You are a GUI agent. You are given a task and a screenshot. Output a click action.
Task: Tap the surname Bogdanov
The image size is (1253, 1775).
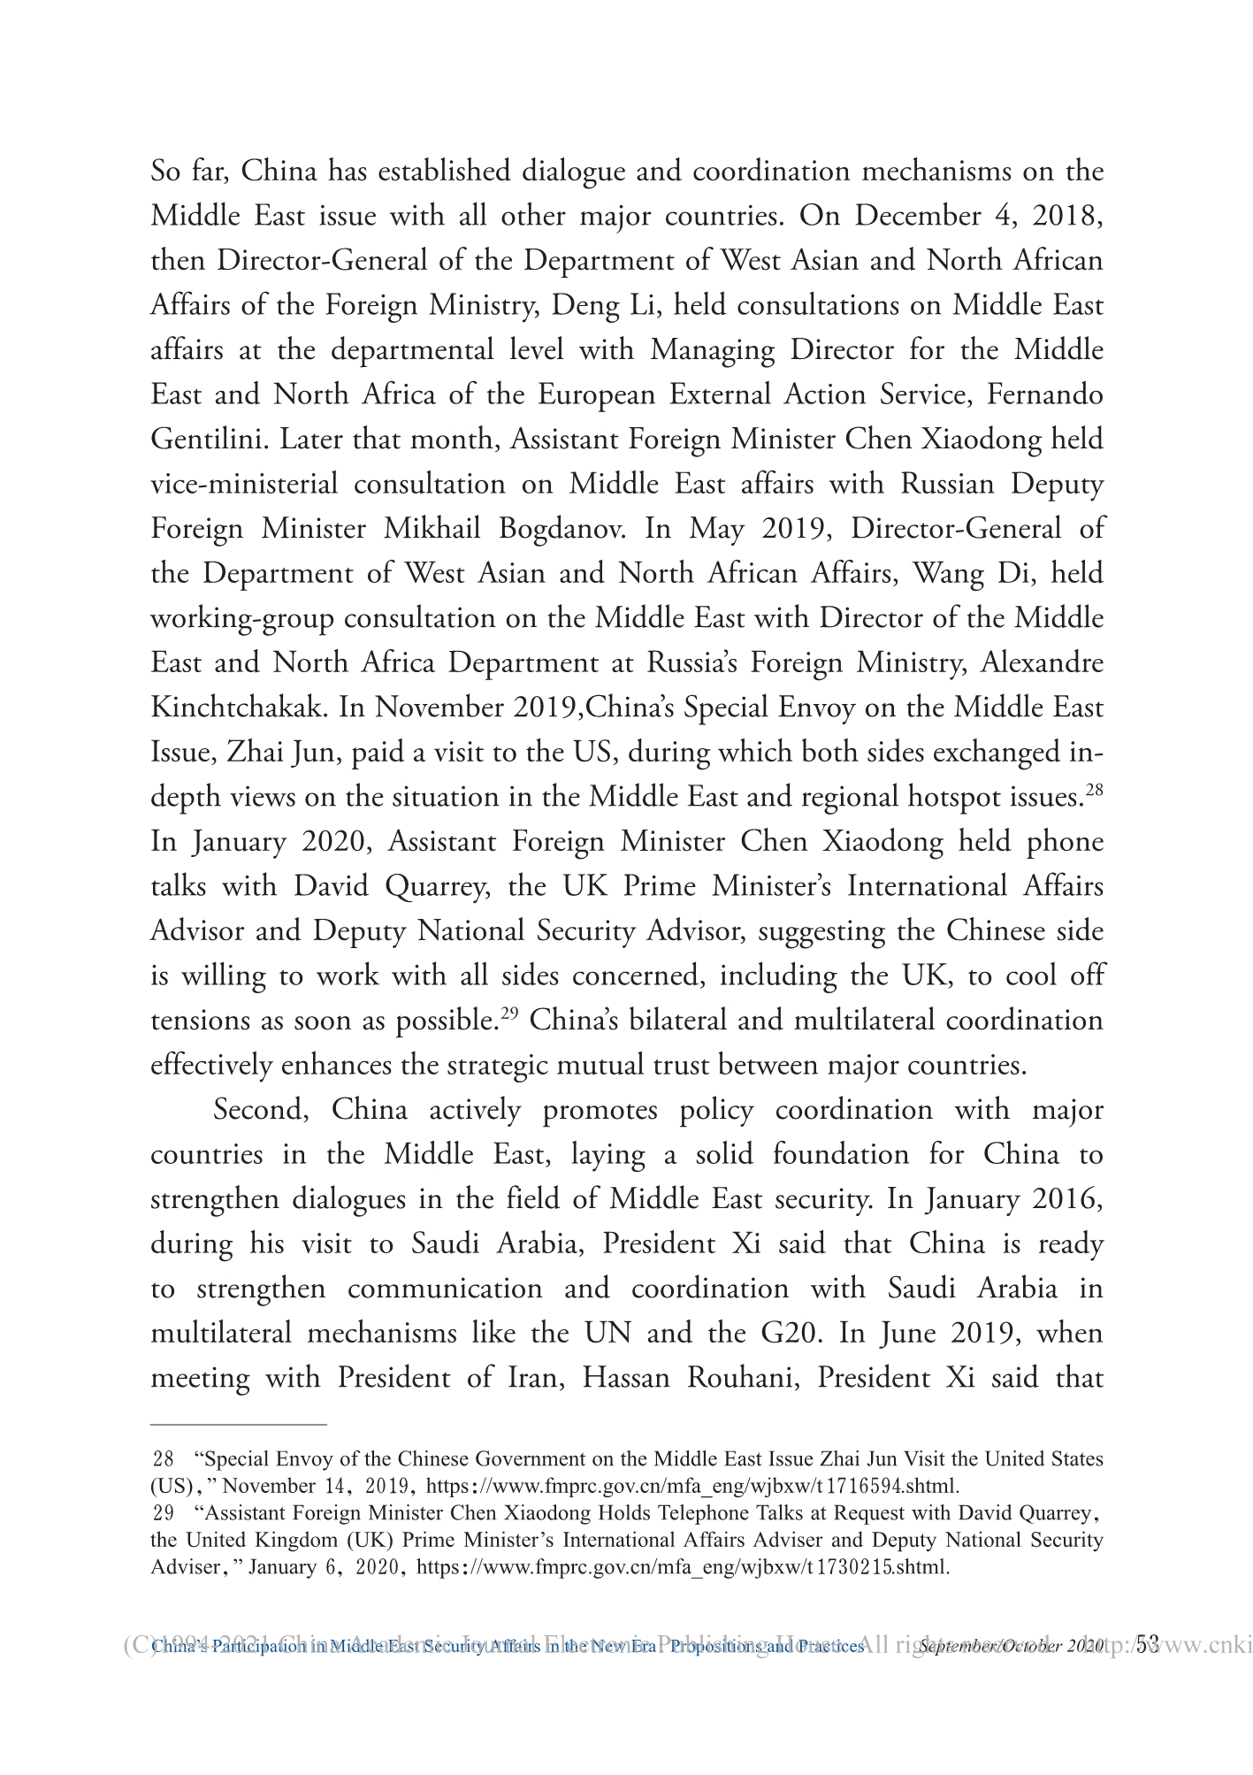(562, 529)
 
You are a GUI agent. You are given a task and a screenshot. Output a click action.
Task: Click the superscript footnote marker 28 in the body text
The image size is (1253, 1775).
(1093, 789)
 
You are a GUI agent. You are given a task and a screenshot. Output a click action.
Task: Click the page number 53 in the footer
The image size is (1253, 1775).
(1147, 1645)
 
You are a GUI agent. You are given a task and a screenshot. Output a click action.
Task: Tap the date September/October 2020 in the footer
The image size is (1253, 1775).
(1012, 1647)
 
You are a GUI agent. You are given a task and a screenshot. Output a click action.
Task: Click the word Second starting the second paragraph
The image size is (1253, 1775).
(261, 1110)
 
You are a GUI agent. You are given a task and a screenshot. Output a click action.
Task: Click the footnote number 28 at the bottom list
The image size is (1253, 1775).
(164, 1459)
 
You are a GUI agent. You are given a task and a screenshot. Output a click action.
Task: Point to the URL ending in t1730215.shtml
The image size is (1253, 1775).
(683, 1568)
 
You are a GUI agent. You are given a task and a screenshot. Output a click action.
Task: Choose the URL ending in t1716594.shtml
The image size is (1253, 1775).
(696, 1486)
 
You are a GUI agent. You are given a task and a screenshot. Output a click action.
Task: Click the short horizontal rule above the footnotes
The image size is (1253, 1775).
(239, 1425)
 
